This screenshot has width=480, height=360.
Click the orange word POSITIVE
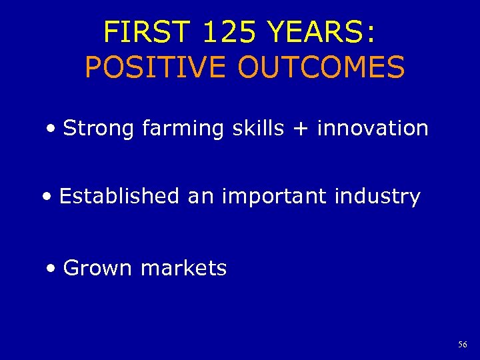click(156, 67)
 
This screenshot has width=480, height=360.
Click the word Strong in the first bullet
click(99, 128)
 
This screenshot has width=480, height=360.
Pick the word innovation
click(373, 128)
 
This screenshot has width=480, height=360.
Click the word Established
click(119, 197)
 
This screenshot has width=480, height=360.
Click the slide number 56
click(462, 345)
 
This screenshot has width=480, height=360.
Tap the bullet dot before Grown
click(52, 269)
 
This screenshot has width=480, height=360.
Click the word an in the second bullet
click(199, 197)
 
